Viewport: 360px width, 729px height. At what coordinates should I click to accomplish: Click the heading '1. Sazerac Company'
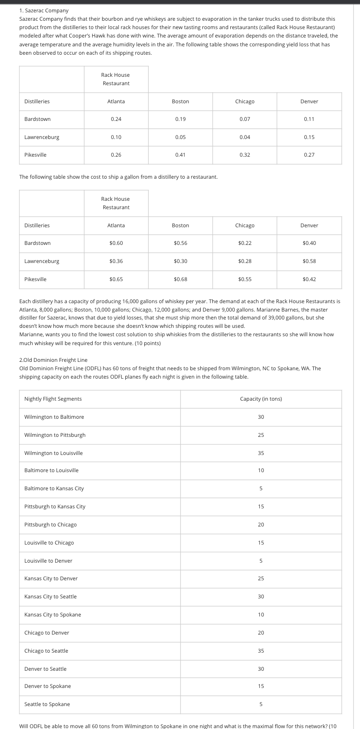pos(44,10)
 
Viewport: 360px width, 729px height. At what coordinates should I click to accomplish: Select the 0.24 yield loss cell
pos(116,119)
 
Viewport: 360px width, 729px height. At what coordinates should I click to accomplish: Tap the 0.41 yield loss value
pos(180,155)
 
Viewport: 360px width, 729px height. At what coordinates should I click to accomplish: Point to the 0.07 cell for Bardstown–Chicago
pos(244,119)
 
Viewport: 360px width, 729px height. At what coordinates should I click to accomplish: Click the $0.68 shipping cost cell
pos(180,279)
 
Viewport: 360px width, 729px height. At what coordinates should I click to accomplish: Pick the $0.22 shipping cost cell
pos(244,243)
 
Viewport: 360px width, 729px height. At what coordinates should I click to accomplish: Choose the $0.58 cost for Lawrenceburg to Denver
pos(309,261)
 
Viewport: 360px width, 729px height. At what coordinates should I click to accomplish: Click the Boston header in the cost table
pos(180,225)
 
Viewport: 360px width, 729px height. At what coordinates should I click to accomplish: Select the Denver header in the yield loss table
pos(309,101)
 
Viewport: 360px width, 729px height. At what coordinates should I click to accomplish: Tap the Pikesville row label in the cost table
pos(35,279)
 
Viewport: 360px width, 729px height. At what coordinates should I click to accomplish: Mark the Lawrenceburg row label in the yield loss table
pos(42,137)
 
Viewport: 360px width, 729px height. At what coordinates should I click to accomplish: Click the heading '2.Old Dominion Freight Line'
pos(53,360)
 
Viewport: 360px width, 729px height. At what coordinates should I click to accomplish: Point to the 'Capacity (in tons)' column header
pos(261,399)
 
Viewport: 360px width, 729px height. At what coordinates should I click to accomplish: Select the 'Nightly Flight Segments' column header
pos(53,399)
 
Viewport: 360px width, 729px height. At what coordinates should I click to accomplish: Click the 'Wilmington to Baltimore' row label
pos(54,417)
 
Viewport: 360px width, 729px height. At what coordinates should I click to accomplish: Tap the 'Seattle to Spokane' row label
pos(47,704)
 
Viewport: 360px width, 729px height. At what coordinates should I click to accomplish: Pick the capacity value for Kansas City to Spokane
pos(261,615)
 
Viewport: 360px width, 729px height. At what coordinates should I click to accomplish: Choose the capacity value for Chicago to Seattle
pos(261,651)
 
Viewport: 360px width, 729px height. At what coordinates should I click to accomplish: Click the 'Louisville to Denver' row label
pos(48,561)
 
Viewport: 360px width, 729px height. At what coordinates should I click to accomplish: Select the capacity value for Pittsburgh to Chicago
pos(261,525)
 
